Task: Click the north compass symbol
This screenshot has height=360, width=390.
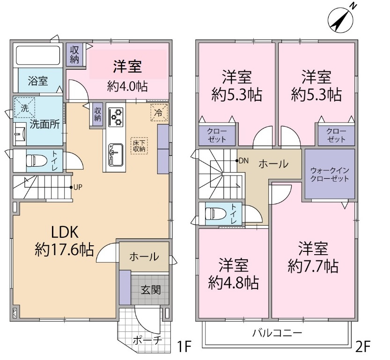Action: pos(341,18)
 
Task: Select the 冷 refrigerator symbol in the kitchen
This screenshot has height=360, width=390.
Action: pos(159,112)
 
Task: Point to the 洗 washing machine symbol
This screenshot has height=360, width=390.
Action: pos(23,106)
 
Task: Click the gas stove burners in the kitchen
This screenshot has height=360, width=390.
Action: pos(115,117)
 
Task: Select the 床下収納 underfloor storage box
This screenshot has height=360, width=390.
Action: pos(139,145)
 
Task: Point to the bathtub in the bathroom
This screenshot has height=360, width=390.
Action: pos(38,56)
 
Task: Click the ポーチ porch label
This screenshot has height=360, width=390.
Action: pos(147,340)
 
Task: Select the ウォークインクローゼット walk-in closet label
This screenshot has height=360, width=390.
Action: pos(330,174)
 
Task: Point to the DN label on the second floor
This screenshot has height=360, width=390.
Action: pos(243,161)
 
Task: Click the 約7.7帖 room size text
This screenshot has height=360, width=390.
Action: pos(313,266)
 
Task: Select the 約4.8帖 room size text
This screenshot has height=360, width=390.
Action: pos(233,282)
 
